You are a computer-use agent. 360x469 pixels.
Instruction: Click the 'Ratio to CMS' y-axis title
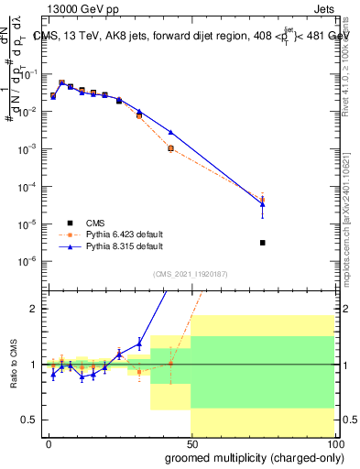(x=14, y=364)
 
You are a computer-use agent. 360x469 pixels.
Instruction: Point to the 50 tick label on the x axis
(x=191, y=442)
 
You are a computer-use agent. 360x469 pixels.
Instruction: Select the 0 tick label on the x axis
(x=48, y=442)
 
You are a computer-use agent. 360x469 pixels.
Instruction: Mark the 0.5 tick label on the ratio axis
(x=30, y=420)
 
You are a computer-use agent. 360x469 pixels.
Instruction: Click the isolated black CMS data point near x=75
(x=263, y=243)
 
